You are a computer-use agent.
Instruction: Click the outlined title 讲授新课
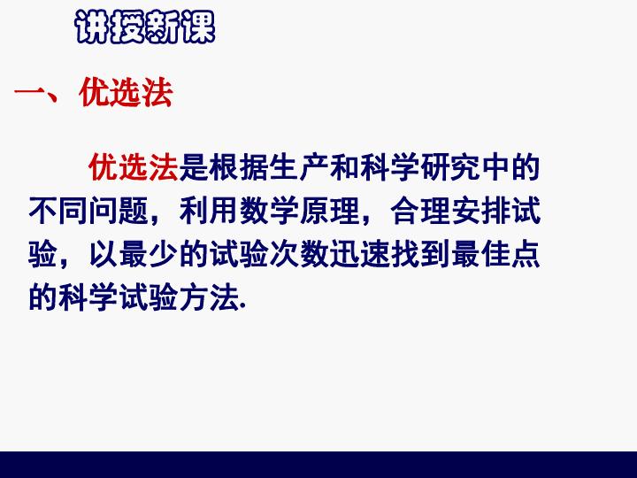tap(145, 27)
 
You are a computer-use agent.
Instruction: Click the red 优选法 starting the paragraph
tap(134, 166)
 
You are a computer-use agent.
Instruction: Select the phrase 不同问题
tap(88, 211)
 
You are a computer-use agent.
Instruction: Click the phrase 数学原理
tap(299, 211)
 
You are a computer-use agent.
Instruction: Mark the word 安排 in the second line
tap(480, 211)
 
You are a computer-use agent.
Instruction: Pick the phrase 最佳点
tap(495, 254)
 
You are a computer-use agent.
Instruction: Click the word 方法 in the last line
tap(209, 298)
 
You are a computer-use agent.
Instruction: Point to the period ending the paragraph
tap(243, 307)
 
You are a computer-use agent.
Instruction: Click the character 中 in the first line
tap(495, 166)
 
